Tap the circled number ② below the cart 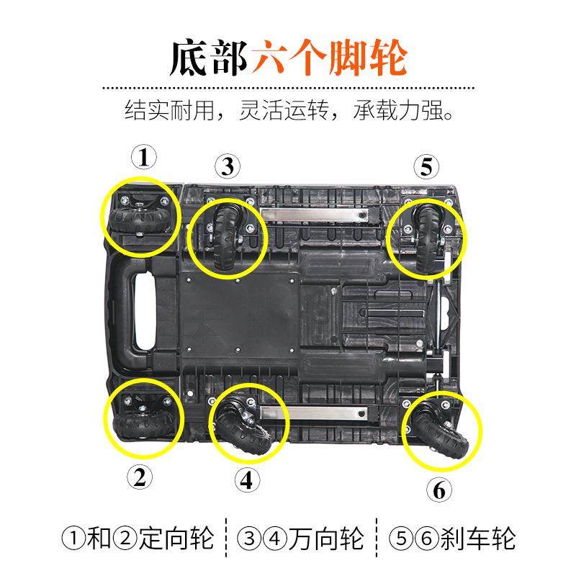pyautogui.click(x=140, y=476)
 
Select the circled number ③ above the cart pyautogui.click(x=228, y=167)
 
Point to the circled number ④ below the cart pyautogui.click(x=246, y=480)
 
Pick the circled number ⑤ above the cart pyautogui.click(x=426, y=167)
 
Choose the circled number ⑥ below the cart pyautogui.click(x=440, y=490)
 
